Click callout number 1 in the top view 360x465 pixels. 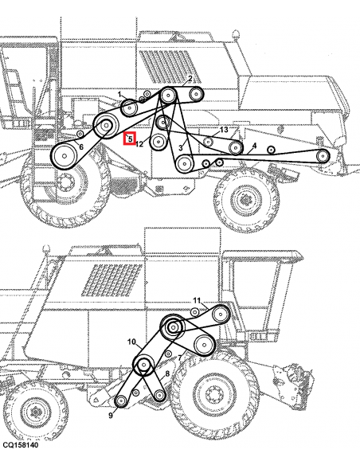pos(120,95)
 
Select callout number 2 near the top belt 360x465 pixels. pos(190,78)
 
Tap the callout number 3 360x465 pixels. pos(182,148)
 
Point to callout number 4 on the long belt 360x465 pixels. pos(254,146)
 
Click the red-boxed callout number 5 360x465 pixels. pos(130,139)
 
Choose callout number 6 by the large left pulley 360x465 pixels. pos(81,147)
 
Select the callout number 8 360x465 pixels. pos(132,342)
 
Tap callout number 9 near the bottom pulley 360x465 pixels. pos(197,299)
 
